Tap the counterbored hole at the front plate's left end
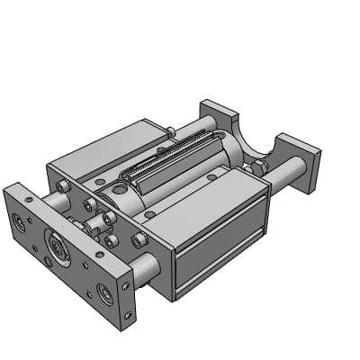[20, 220]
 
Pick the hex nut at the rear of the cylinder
[256, 167]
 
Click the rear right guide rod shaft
[286, 175]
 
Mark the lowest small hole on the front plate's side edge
[129, 315]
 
